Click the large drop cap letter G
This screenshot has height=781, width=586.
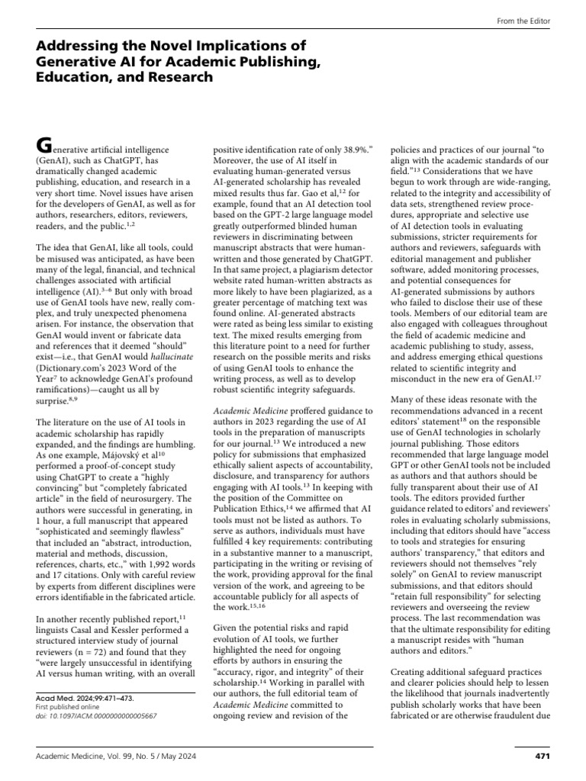tap(45, 144)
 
